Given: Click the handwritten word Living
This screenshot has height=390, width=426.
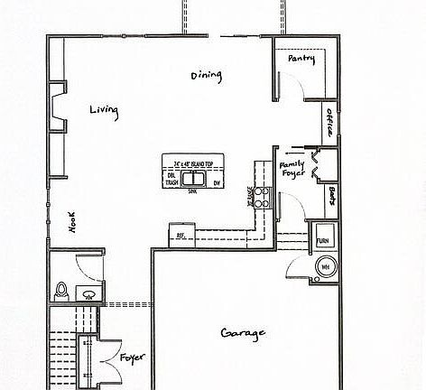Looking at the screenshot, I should (104, 110).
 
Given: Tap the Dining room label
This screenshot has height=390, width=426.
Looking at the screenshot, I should (206, 75).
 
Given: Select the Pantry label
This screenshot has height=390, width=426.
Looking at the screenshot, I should (301, 59).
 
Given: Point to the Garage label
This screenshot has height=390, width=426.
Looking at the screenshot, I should (243, 334).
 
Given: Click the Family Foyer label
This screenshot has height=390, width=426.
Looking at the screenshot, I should (292, 172).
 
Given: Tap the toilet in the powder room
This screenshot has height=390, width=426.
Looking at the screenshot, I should (61, 291).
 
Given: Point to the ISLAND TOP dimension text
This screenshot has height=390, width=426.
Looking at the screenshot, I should (192, 164).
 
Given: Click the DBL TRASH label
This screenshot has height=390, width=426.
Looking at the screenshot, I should (171, 179).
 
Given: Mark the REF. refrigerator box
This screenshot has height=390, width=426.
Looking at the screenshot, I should (181, 233).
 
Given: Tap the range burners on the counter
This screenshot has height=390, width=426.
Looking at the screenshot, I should (262, 197).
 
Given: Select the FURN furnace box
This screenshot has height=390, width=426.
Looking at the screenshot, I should (322, 241).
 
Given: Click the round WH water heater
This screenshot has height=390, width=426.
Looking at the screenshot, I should (324, 267).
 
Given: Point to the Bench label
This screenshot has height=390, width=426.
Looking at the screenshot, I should (333, 195).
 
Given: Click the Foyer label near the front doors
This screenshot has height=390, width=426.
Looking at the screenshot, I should (131, 359).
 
